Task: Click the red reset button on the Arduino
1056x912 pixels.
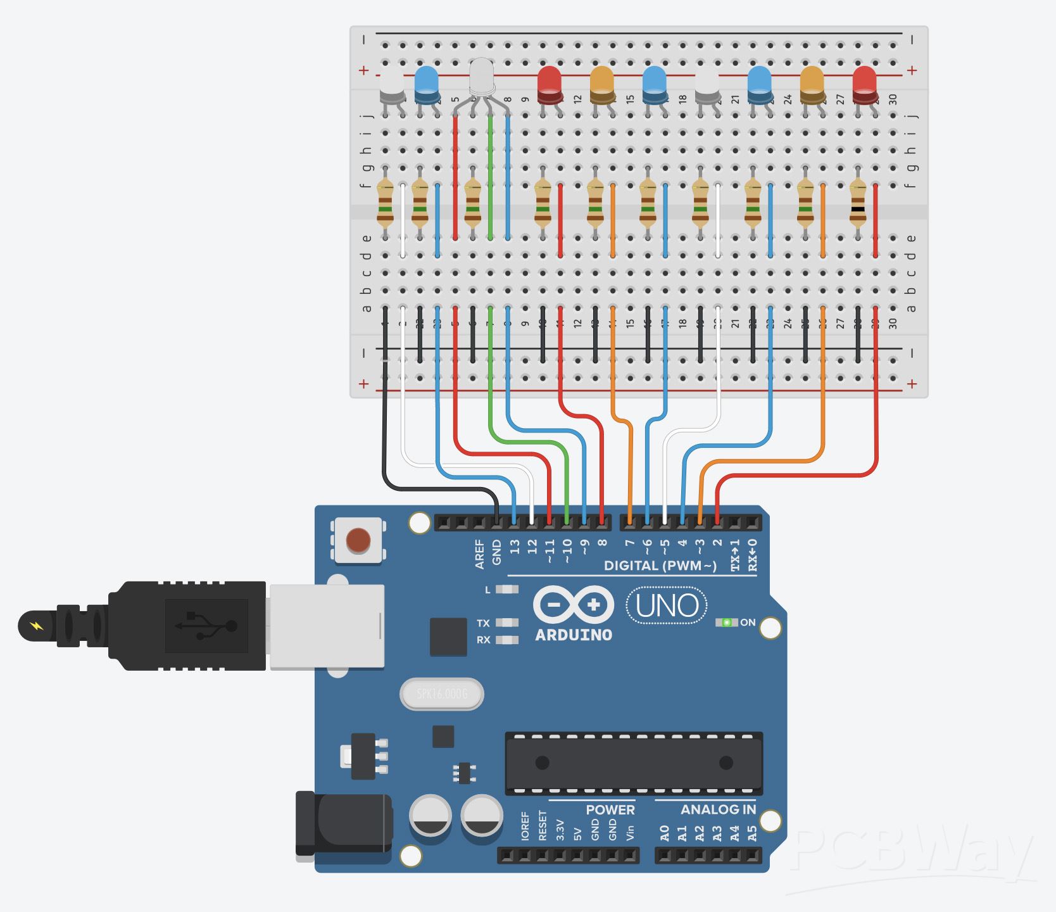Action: point(358,540)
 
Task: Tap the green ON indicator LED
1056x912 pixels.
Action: point(727,623)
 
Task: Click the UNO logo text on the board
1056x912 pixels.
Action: point(667,605)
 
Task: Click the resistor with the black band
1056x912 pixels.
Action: point(857,203)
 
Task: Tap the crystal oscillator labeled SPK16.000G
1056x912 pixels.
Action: point(442,695)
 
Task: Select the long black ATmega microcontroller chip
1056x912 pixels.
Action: point(634,763)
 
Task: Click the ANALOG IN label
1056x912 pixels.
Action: point(718,809)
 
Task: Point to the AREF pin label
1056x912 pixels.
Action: point(479,554)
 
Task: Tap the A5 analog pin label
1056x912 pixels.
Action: point(752,833)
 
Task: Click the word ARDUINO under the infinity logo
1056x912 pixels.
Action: point(574,635)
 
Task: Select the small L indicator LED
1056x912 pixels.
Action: point(506,590)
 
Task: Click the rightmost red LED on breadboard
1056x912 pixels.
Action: point(864,84)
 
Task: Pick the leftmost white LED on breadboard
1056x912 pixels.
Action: point(391,85)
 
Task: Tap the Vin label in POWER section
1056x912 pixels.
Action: point(630,832)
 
